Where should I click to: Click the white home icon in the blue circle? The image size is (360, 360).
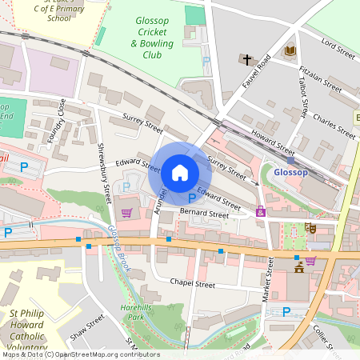click(x=180, y=172)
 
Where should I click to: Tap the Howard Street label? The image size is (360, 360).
click(x=272, y=141)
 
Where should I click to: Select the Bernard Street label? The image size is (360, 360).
click(x=204, y=214)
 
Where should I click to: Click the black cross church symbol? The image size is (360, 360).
click(x=248, y=59)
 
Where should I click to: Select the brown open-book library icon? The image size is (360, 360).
click(x=290, y=52)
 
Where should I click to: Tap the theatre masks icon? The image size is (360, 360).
click(x=312, y=229)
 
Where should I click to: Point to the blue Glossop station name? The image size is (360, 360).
click(x=290, y=172)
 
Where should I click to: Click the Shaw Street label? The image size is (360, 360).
click(x=87, y=327)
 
